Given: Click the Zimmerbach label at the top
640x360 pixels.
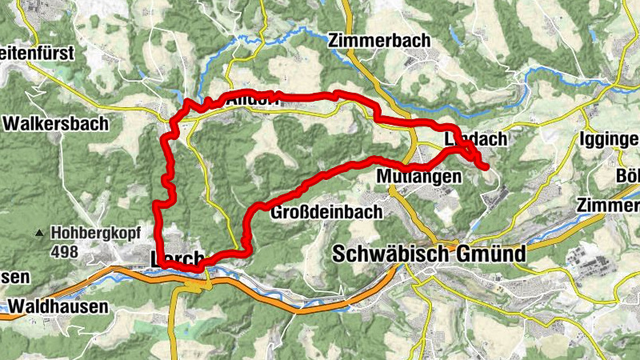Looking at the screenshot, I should click(378, 39).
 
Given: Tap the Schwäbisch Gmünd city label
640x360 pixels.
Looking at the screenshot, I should click(428, 254).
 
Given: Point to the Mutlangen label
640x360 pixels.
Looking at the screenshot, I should click(418, 175).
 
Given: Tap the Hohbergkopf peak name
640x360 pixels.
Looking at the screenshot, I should click(95, 234).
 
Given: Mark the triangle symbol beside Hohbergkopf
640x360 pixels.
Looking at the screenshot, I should click(39, 234).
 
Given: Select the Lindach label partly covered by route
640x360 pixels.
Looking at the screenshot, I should click(475, 139).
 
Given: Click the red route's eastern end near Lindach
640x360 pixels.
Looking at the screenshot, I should click(486, 166).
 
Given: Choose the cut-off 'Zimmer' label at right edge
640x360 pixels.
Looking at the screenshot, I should click(608, 205).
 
